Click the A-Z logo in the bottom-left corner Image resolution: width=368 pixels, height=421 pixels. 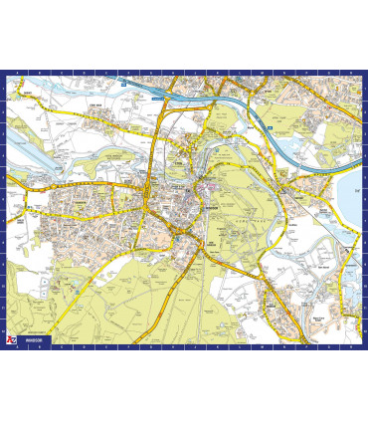[10, 340]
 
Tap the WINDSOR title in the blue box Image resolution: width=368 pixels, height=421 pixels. [35, 341]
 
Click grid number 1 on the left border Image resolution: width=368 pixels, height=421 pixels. [3, 85]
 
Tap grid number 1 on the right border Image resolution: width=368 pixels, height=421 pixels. [364, 85]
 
